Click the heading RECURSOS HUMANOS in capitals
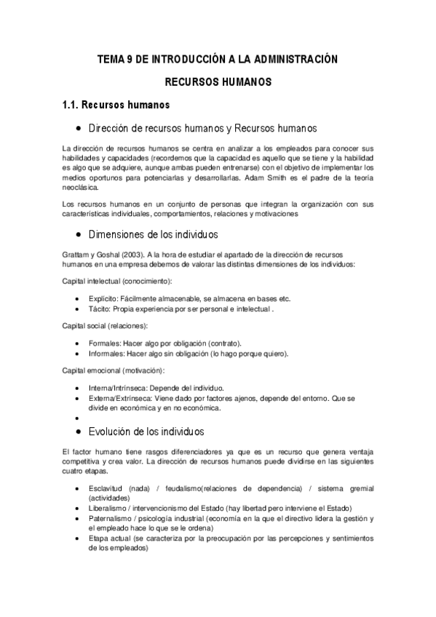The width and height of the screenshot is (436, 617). click(218, 83)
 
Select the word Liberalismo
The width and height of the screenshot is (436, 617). click(106, 508)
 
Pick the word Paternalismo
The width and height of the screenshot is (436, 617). click(109, 518)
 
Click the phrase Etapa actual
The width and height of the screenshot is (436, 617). click(107, 538)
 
